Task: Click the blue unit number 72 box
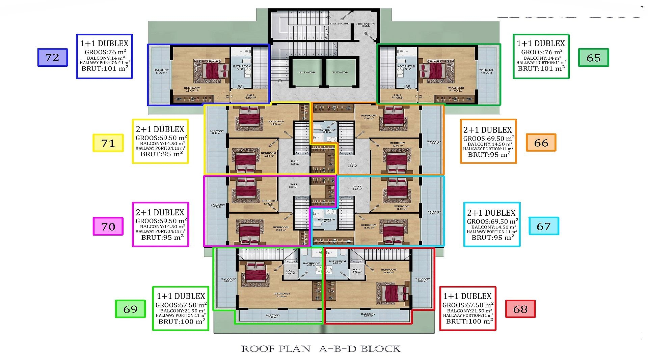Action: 53,57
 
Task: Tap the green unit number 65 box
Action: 593,58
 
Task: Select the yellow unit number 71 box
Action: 108,143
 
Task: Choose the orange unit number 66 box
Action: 541,143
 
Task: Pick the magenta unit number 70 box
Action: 108,226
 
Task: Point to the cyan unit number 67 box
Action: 544,226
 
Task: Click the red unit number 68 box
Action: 520,309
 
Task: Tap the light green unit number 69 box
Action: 130,309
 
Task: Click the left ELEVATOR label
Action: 307,72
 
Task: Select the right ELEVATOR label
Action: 340,72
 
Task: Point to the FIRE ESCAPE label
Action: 339,24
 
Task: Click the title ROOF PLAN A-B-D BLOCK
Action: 321,349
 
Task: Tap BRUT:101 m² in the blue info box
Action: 105,68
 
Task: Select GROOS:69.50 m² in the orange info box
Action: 489,139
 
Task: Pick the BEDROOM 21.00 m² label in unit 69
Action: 282,295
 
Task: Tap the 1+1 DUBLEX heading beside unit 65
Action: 541,43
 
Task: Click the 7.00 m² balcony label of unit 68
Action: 368,314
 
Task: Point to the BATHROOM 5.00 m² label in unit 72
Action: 242,67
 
